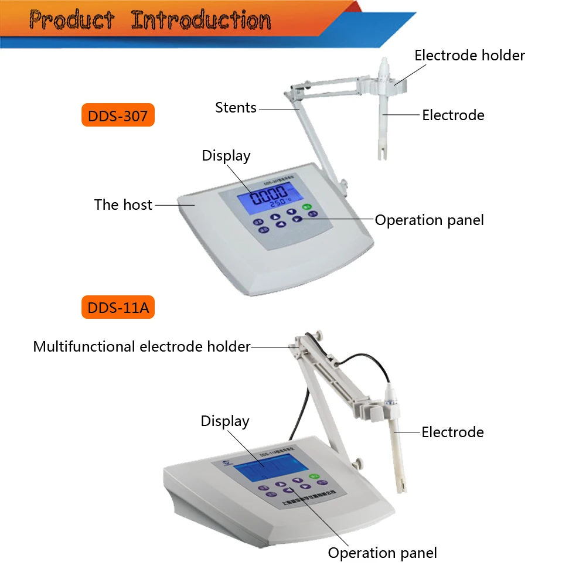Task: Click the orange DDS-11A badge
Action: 118,308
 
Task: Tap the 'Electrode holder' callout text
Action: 469,56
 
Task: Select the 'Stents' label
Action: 236,108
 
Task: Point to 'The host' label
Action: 123,205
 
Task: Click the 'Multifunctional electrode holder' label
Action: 142,347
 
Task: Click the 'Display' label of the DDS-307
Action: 226,156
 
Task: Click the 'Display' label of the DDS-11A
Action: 225,421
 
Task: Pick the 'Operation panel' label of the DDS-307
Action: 430,220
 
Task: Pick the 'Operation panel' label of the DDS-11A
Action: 382,553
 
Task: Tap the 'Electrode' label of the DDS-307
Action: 453,115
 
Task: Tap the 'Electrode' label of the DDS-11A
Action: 452,432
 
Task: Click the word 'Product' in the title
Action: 71,21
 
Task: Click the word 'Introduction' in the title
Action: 201,21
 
